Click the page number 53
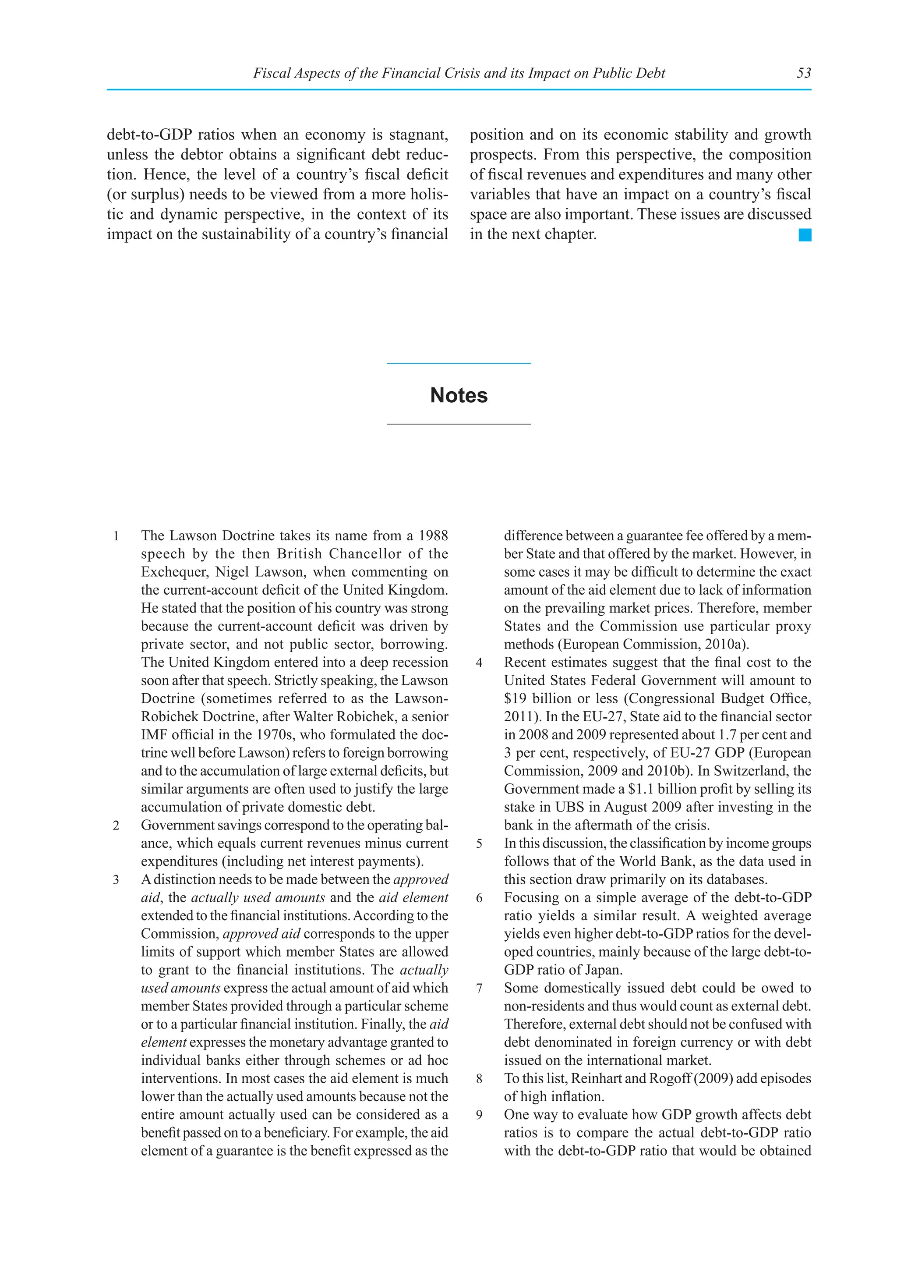pos(804,73)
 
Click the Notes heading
pos(459,395)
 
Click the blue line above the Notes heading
pos(459,364)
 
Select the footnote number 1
pos(116,536)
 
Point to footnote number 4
pos(479,663)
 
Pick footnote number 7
pos(479,988)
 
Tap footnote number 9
pos(479,1115)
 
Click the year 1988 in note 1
pos(433,535)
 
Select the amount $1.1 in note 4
pos(641,789)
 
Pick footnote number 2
pos(116,826)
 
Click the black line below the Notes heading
pos(459,424)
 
